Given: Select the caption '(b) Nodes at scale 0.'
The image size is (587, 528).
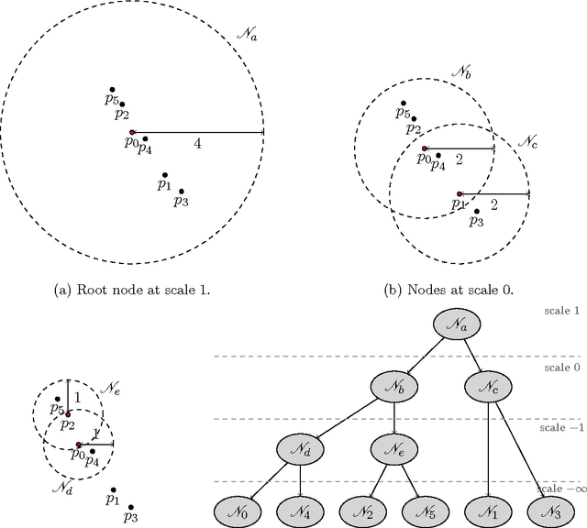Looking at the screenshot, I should [449, 290].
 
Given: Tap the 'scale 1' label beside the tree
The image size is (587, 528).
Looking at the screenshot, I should [560, 311].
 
